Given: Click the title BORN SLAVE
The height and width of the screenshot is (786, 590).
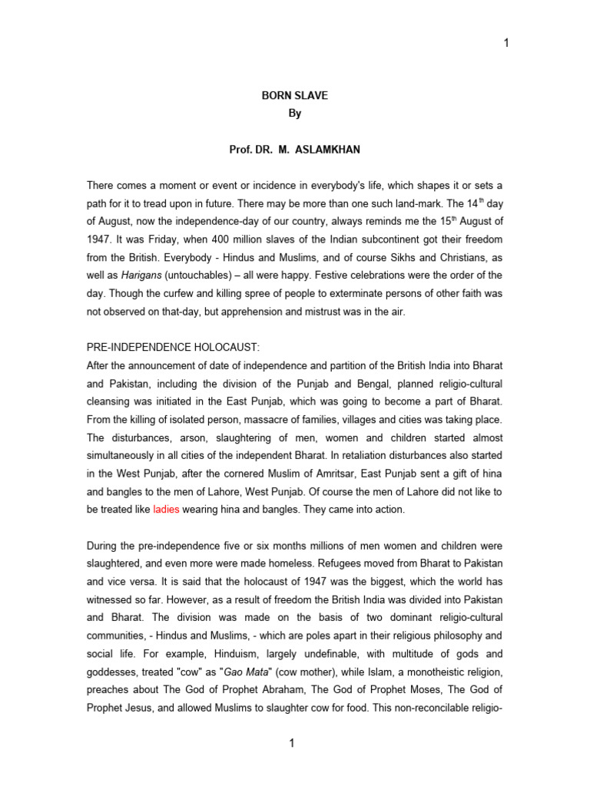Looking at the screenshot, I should point(295,96).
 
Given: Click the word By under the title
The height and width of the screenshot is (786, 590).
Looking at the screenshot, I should point(295,114).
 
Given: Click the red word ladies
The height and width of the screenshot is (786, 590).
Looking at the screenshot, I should point(166,509).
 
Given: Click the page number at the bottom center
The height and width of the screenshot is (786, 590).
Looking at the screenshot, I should point(293,743).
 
